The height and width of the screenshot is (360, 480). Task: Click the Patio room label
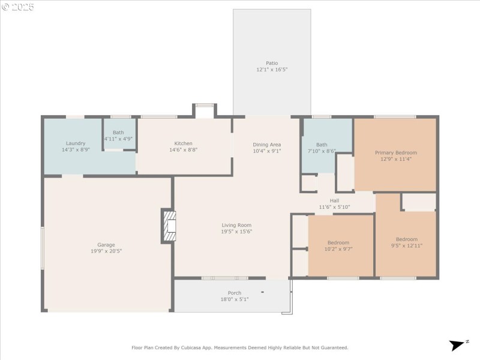tap(272, 63)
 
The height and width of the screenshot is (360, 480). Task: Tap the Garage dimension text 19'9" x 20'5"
tap(106, 251)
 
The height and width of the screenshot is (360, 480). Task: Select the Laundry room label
tap(76, 143)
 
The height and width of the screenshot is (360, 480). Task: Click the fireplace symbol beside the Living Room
tap(170, 226)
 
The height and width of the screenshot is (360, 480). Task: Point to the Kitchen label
tap(184, 143)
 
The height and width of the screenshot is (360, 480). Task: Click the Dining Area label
tap(266, 145)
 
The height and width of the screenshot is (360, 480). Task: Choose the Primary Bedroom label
tap(395, 152)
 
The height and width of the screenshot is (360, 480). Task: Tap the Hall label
tap(334, 200)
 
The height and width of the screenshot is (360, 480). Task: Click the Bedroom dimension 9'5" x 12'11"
tap(406, 245)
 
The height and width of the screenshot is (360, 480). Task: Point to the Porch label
tap(234, 293)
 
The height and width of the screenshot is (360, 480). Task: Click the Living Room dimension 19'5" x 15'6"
tap(236, 232)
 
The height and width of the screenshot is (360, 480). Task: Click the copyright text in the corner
tap(18, 7)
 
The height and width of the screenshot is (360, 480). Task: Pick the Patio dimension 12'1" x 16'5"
tap(272, 70)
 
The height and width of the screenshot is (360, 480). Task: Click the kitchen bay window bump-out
tap(205, 109)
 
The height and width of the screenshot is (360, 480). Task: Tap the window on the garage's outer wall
tap(42, 248)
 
